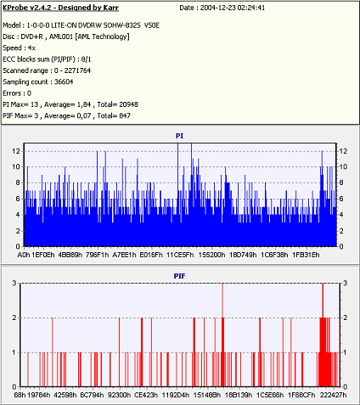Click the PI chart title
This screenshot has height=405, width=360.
[x=179, y=136]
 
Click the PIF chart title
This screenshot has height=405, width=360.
[x=179, y=276]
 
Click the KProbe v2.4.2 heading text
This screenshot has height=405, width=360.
[x=60, y=8]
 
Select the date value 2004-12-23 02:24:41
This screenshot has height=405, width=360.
[x=233, y=8]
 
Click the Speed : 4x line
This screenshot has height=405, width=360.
[x=19, y=48]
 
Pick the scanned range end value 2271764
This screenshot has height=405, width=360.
[x=77, y=70]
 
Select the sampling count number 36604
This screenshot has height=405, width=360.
[x=64, y=82]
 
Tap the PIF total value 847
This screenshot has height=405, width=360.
[x=125, y=115]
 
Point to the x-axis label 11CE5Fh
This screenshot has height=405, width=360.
[x=180, y=255]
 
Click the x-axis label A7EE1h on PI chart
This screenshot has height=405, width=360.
[x=124, y=255]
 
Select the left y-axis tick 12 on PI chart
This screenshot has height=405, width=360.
[x=16, y=151]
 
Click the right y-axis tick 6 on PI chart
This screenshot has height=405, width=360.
[x=341, y=199]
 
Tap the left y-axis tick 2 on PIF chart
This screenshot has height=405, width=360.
[x=14, y=318]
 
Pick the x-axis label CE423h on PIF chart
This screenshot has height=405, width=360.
[x=146, y=395]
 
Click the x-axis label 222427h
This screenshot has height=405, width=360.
[x=333, y=395]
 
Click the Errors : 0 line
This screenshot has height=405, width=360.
[x=17, y=93]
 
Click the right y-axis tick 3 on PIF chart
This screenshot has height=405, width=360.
[x=345, y=283]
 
